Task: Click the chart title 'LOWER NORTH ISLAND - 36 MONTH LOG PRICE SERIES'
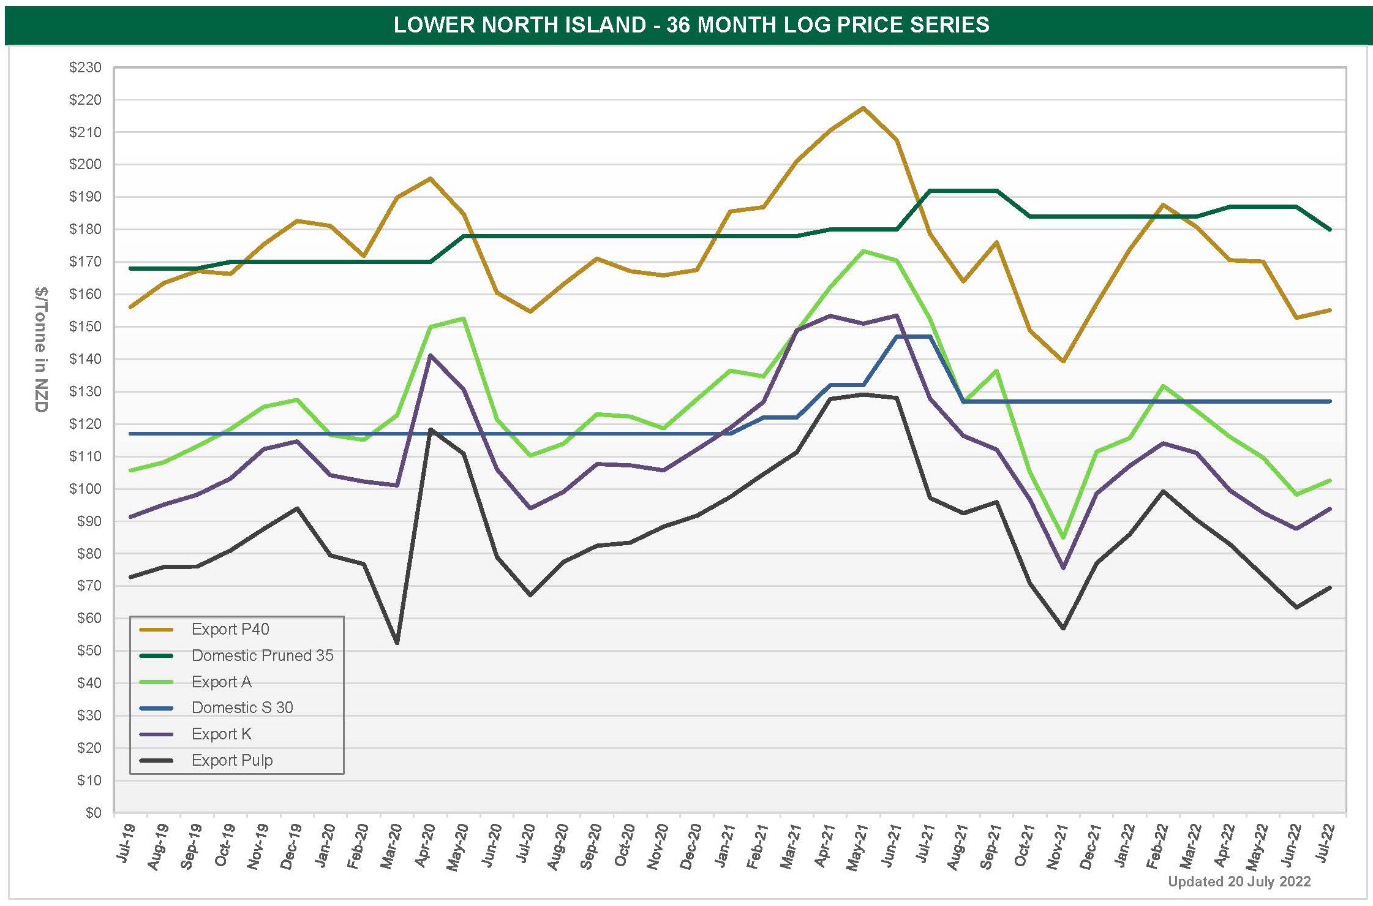[x=691, y=25]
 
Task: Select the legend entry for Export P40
[x=230, y=629]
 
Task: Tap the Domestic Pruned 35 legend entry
[x=262, y=655]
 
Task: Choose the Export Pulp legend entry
[x=231, y=760]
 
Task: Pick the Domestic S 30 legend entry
[x=242, y=708]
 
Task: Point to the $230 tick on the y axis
[x=85, y=67]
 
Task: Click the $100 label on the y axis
[x=85, y=489]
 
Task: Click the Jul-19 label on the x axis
[x=126, y=844]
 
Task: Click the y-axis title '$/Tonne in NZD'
[x=41, y=349]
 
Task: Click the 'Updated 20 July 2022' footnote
[x=1239, y=881]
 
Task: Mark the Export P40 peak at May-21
[x=863, y=108]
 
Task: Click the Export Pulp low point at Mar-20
[x=397, y=643]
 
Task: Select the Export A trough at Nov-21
[x=1063, y=538]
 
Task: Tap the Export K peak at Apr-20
[x=430, y=355]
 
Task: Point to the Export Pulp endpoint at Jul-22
[x=1330, y=587]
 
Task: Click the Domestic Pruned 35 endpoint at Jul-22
[x=1330, y=230]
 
